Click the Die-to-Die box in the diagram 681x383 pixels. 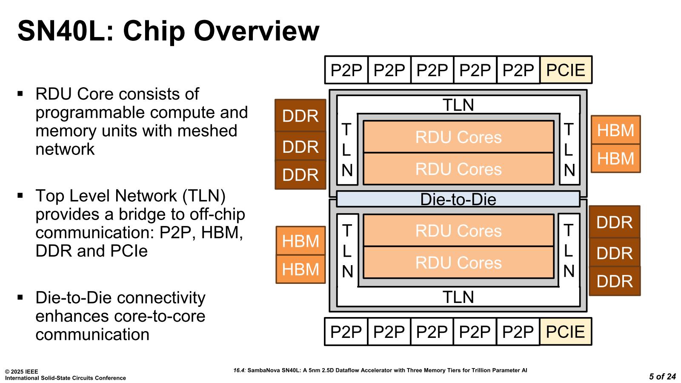[458, 199]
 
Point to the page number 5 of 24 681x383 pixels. [662, 377]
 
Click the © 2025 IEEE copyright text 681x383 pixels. [21, 372]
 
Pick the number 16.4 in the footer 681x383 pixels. [239, 370]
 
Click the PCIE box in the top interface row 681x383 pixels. [566, 70]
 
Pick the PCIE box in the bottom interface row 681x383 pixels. [565, 332]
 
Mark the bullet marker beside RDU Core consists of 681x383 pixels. [20, 93]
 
